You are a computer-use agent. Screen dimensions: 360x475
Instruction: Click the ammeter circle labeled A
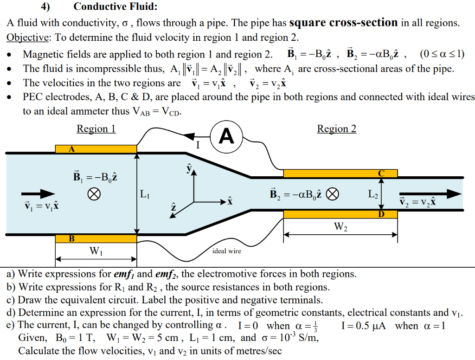[x=226, y=136]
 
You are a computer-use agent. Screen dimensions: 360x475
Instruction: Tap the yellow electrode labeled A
[x=96, y=149]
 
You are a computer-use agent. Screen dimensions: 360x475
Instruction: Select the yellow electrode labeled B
[x=96, y=238]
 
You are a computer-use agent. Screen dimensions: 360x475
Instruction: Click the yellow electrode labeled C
[x=340, y=173]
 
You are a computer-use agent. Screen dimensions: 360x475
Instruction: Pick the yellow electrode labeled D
[x=340, y=214]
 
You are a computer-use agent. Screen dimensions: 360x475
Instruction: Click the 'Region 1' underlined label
[x=96, y=129]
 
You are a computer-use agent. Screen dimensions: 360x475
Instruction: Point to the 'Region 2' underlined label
[x=337, y=129]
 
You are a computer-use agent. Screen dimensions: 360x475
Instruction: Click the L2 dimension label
[x=373, y=194]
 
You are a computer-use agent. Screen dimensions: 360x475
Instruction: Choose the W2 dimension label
[x=340, y=227]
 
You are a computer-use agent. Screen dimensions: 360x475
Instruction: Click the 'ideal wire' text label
[x=226, y=251]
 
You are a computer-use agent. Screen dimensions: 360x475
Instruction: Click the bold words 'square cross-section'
[x=343, y=22]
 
